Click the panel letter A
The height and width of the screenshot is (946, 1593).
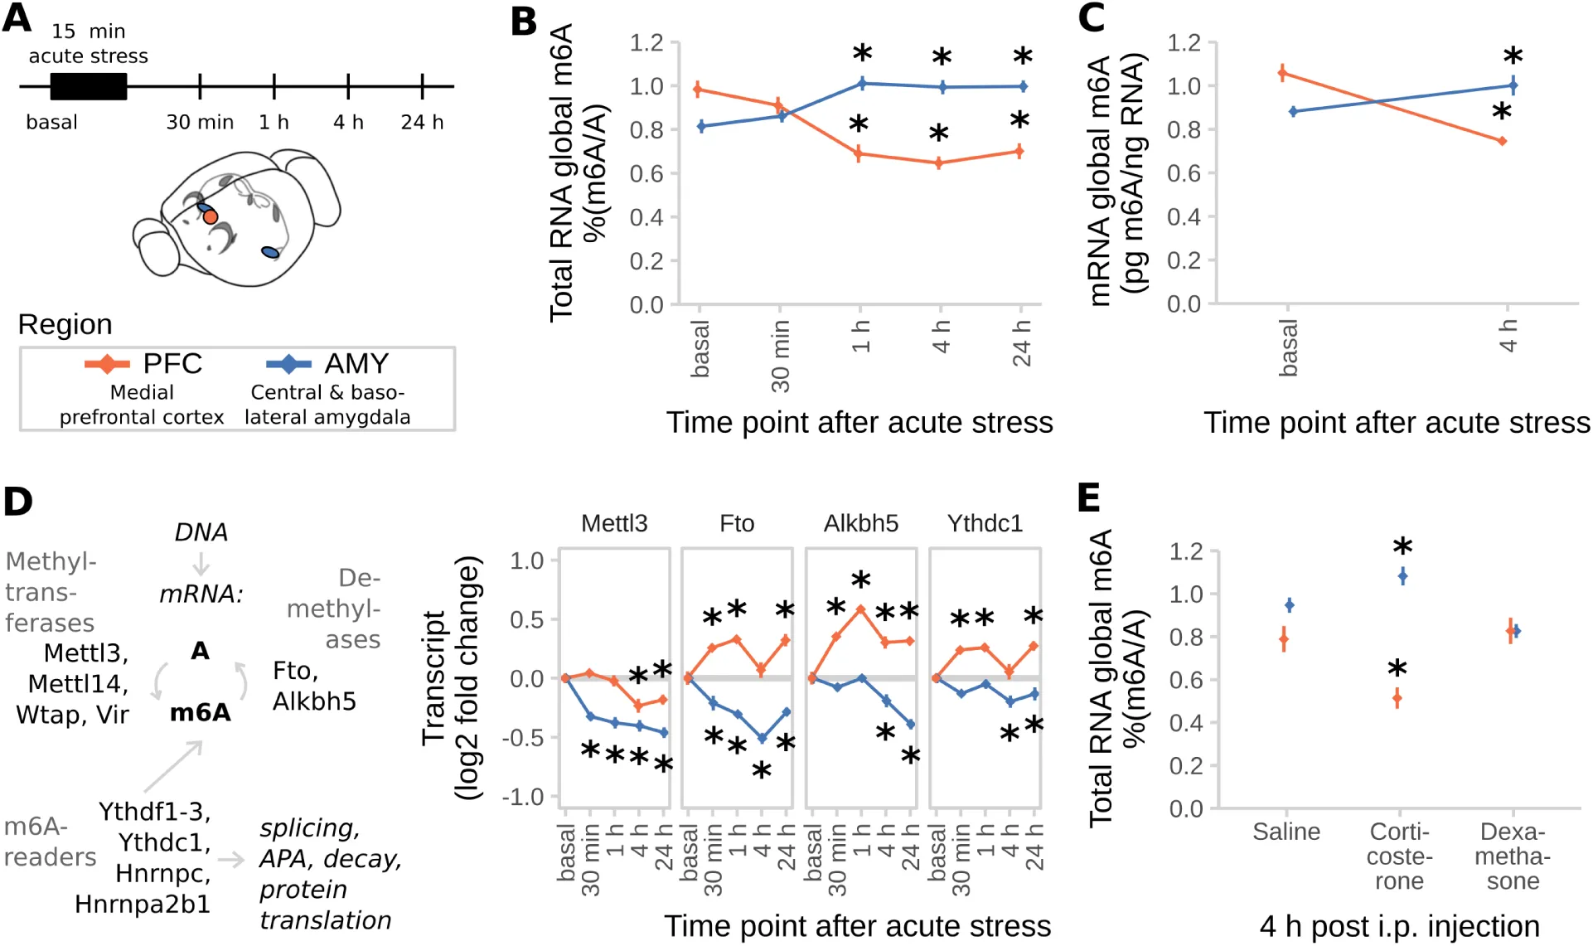[x=17, y=17]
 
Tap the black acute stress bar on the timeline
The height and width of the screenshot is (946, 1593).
[x=89, y=86]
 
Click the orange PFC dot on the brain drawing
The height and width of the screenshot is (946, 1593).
[x=211, y=217]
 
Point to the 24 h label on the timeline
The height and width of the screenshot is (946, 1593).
[x=422, y=123]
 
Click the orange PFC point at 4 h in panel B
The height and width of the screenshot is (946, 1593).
[x=939, y=163]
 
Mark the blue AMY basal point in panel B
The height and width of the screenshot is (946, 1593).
[x=701, y=126]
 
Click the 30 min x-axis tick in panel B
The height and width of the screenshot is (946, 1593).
[x=780, y=356]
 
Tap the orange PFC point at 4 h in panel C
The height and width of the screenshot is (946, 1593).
[x=1502, y=141]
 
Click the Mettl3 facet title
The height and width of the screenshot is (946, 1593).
[x=614, y=524]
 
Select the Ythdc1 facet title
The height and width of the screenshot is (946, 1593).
[x=985, y=524]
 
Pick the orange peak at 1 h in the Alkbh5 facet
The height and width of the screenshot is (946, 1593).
[x=861, y=609]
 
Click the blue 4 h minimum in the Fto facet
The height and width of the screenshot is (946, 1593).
[x=762, y=738]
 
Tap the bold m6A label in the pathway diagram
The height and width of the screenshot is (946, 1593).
[x=200, y=713]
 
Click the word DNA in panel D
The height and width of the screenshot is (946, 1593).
[x=201, y=532]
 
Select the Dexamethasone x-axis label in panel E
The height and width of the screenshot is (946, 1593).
[x=1513, y=856]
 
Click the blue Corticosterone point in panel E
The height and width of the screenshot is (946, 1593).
[x=1402, y=575]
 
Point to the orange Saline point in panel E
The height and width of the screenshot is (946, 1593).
[x=1284, y=638]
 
